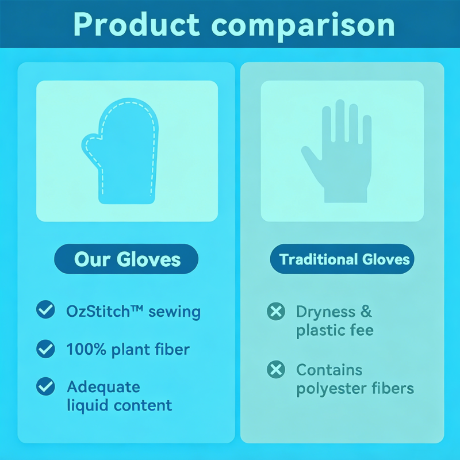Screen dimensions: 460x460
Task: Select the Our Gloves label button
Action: [126, 259]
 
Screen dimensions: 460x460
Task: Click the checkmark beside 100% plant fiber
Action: [45, 348]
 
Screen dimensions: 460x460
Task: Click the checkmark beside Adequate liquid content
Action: [45, 386]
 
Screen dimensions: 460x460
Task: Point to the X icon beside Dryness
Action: [276, 312]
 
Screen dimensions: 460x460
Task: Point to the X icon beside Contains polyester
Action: [276, 369]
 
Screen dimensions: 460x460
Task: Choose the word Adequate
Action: [103, 386]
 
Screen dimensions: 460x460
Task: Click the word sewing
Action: [174, 312]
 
